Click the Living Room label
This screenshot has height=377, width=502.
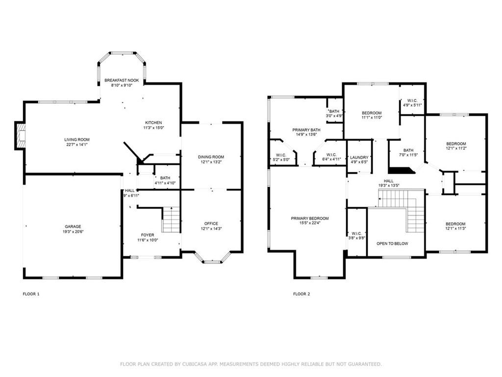click(x=77, y=139)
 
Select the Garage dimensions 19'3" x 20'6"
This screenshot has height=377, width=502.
click(x=73, y=232)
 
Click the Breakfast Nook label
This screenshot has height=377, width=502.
click(x=122, y=80)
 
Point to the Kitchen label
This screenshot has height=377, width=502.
click(x=153, y=122)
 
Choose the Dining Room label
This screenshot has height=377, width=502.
click(x=211, y=157)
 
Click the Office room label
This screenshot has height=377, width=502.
click(x=211, y=223)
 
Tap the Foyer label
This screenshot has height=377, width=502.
click(x=148, y=235)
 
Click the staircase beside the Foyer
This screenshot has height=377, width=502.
click(x=171, y=219)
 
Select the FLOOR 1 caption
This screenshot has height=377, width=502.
click(x=31, y=294)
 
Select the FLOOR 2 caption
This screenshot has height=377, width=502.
click(x=301, y=294)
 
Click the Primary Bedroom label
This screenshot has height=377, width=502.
click(x=310, y=218)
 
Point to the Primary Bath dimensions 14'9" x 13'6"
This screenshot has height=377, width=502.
click(x=306, y=135)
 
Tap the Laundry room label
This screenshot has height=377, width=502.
click(x=359, y=158)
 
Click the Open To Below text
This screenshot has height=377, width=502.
click(x=392, y=243)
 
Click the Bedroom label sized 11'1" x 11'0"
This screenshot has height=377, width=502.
click(x=372, y=113)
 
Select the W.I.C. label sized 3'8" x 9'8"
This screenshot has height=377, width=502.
click(x=357, y=233)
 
